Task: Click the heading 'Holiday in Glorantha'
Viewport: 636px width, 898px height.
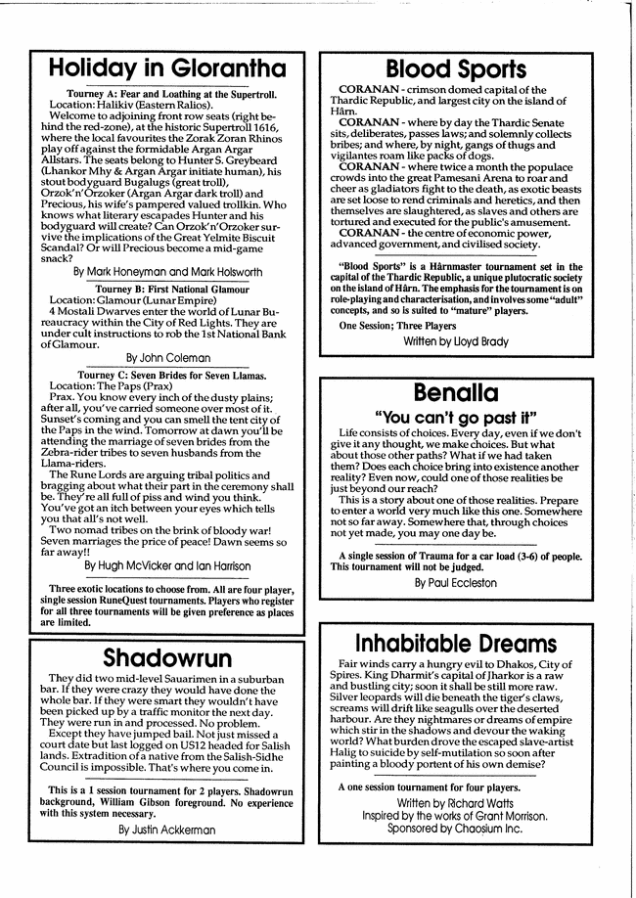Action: click(x=167, y=67)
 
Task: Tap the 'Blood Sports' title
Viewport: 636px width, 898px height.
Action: click(x=455, y=69)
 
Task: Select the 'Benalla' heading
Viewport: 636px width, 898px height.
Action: click(x=456, y=393)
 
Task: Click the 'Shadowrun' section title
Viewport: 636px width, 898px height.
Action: click(x=166, y=656)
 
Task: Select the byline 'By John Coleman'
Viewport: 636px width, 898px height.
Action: click(x=166, y=358)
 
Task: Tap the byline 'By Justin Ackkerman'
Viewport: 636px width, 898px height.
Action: click(x=166, y=829)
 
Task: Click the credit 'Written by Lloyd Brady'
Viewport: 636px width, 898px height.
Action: click(x=456, y=341)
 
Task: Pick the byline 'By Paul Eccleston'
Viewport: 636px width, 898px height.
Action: click(x=456, y=582)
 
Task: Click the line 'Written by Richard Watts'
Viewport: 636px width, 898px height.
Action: click(x=455, y=801)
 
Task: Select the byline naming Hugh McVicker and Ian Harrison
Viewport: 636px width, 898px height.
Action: click(x=166, y=565)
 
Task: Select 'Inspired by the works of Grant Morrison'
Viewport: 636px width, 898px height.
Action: click(x=455, y=815)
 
